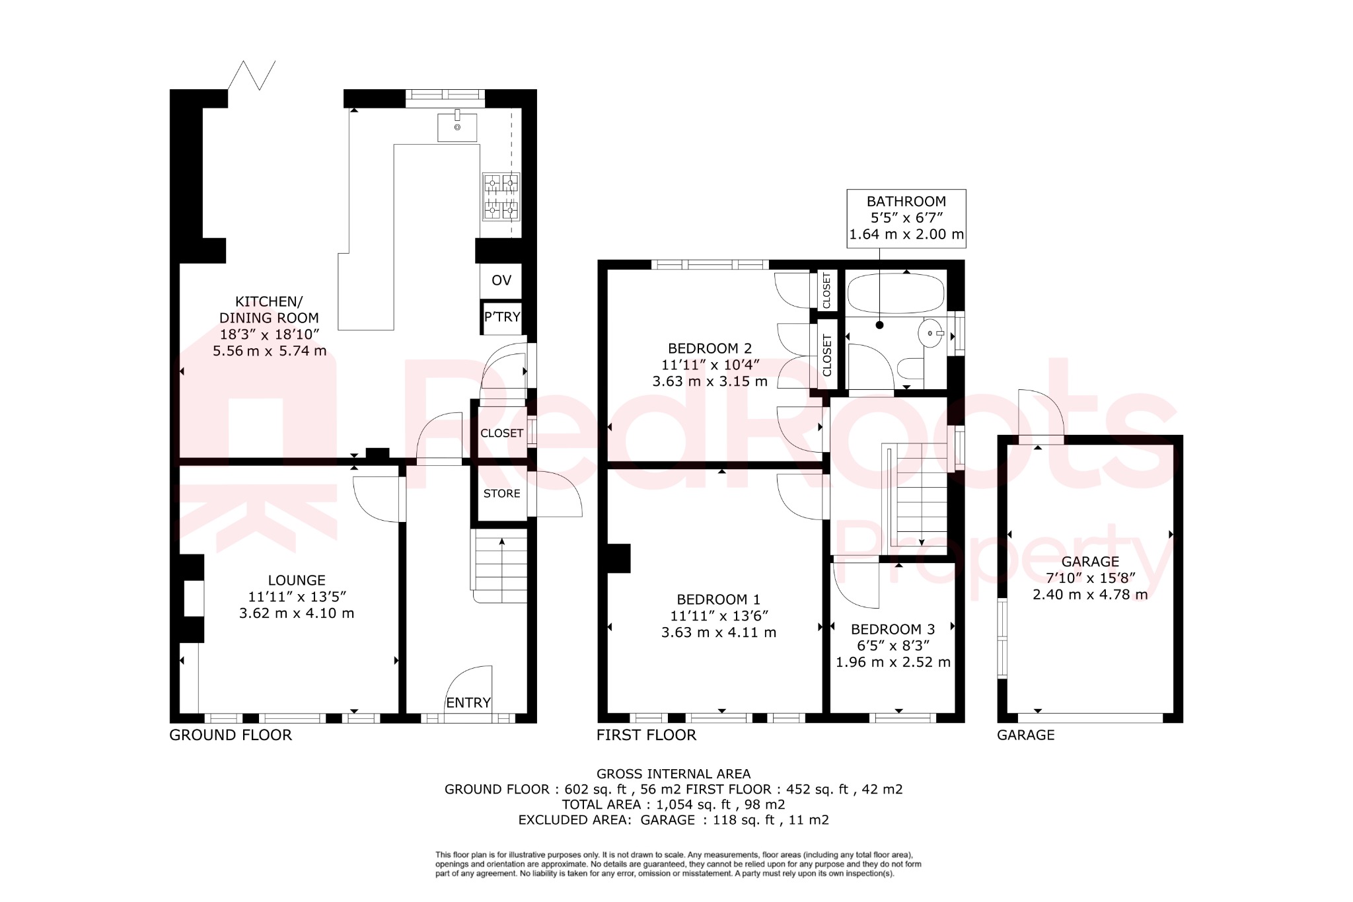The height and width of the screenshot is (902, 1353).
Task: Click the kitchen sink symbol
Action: tap(457, 127)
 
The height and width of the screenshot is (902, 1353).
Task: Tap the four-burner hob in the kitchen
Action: tap(501, 197)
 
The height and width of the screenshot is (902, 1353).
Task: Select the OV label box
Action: tap(501, 281)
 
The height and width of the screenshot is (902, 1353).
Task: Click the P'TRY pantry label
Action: tap(502, 317)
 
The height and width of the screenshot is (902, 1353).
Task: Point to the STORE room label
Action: tap(501, 494)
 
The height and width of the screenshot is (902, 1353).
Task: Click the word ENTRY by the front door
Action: tap(468, 702)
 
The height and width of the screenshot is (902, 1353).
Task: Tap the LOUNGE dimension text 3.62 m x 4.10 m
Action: tap(297, 613)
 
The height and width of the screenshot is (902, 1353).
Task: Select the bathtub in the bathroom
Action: tap(896, 293)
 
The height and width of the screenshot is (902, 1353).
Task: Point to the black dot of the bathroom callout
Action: tap(879, 325)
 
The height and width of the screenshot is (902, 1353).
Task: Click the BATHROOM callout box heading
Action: tap(906, 202)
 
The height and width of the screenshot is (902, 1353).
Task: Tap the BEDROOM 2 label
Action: tap(710, 348)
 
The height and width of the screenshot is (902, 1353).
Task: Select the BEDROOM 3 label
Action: tap(893, 629)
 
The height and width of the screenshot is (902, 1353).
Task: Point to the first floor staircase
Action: tap(920, 496)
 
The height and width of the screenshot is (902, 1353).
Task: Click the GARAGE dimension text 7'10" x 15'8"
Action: tap(1090, 578)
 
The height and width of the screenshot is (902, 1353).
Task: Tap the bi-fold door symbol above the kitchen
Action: tap(252, 75)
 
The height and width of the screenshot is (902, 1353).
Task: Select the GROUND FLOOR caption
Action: tap(231, 735)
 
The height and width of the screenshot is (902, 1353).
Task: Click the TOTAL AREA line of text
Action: tap(673, 804)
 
